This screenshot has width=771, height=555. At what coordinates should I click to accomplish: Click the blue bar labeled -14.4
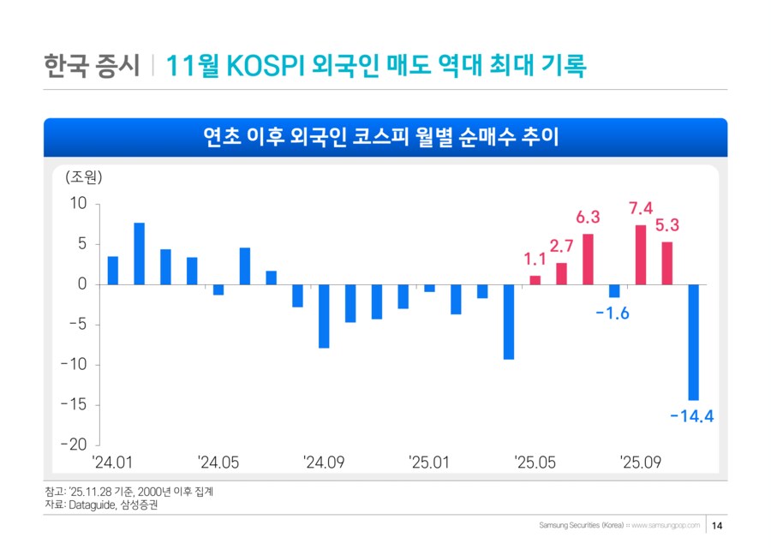693,342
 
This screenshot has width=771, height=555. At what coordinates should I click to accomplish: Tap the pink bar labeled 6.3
588,259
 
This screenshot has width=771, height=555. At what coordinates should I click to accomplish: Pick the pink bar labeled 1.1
535,280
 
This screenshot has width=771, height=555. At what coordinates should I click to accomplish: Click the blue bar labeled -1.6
614,291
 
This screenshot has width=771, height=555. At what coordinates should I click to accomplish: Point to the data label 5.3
667,226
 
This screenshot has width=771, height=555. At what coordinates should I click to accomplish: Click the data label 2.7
561,247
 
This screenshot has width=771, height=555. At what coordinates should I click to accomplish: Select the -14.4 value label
691,416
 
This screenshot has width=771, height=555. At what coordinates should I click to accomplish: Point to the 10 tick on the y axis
79,204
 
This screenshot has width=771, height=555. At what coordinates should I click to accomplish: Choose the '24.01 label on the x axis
112,462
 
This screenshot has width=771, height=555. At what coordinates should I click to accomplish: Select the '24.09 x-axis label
324,462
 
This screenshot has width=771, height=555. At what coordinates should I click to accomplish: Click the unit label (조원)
83,178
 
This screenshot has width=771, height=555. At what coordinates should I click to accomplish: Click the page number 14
718,525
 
